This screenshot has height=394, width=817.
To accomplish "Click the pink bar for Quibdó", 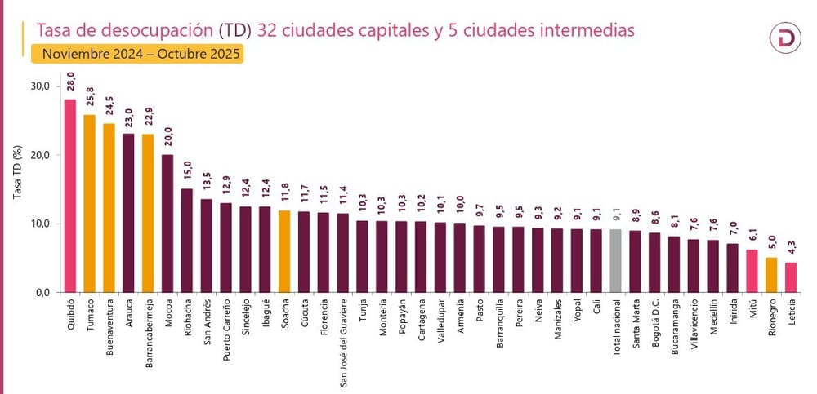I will click(x=69, y=196).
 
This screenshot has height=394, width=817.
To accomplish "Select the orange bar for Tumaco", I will click(x=89, y=203).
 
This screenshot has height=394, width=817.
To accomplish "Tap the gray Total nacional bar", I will click(x=615, y=260).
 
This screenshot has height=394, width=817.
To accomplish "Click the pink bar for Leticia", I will click(x=790, y=277).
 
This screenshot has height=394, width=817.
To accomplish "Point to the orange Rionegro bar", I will click(x=770, y=275).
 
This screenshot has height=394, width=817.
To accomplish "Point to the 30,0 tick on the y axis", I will click(x=40, y=86).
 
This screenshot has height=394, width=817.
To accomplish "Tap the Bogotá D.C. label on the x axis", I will click(x=656, y=322).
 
